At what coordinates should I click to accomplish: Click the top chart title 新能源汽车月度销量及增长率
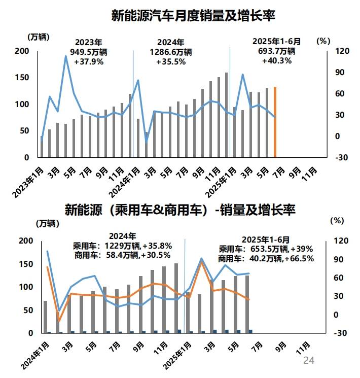193,16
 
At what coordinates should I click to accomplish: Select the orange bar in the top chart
275,122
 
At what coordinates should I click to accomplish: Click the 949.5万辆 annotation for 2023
89,52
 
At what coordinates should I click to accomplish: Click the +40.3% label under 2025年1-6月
276,61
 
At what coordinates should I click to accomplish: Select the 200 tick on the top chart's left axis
21,51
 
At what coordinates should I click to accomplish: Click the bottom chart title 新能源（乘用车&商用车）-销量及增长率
180,210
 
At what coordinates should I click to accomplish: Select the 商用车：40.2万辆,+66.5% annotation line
266,258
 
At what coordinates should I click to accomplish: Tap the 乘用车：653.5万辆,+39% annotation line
266,249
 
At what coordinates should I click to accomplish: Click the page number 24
309,361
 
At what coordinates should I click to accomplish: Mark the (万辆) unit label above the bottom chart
47,223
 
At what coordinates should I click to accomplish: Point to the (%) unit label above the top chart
323,41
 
